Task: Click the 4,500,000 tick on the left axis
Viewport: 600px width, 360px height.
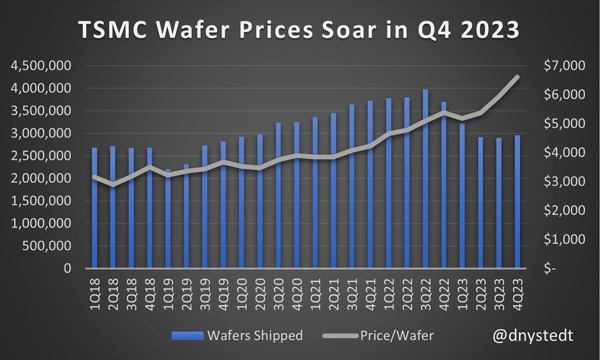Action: [40, 66]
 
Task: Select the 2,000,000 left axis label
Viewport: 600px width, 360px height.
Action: [40, 178]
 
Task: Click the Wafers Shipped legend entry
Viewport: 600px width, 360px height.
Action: [238, 336]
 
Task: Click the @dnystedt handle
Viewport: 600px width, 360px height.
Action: [532, 335]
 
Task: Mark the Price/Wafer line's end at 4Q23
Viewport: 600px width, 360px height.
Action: [517, 76]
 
